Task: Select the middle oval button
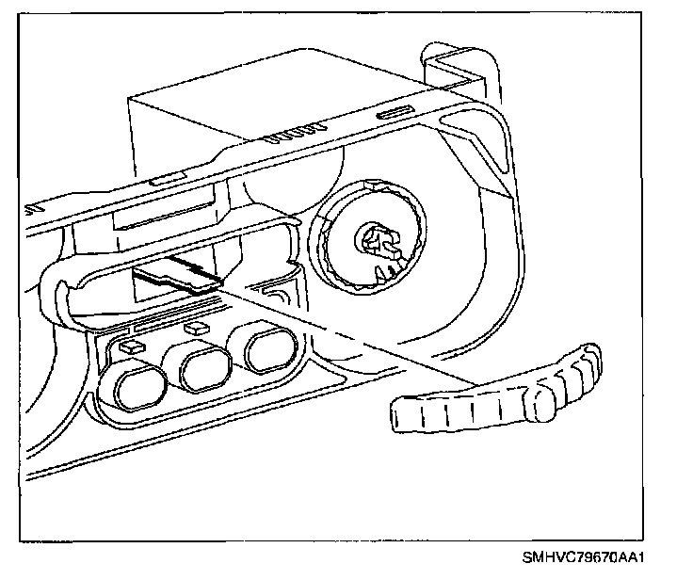(205, 368)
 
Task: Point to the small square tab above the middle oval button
(196, 329)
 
